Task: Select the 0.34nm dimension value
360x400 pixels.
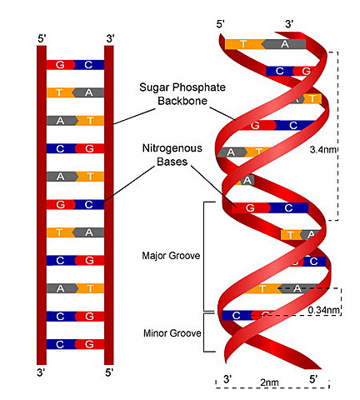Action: (323, 310)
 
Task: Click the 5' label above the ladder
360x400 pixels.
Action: (42, 38)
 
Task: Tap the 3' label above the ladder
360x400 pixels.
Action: (109, 38)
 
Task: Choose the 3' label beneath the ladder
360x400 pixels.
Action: (42, 371)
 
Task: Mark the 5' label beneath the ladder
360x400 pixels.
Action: (109, 371)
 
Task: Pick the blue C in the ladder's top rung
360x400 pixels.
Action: (89, 64)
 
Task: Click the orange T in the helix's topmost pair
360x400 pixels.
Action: (242, 43)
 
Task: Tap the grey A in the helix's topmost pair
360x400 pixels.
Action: (285, 43)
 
